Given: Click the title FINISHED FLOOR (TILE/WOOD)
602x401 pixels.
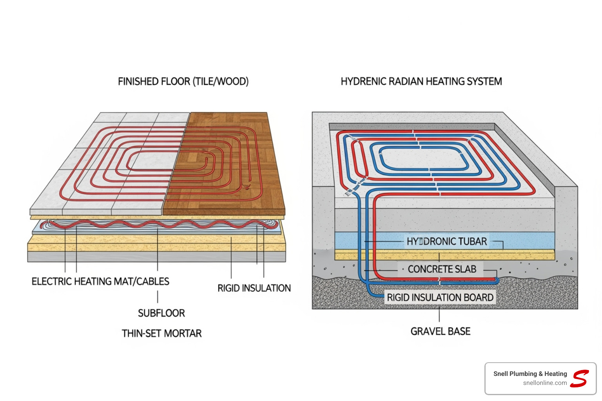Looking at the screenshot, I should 183,81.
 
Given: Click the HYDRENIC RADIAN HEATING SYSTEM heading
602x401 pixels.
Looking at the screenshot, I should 421,81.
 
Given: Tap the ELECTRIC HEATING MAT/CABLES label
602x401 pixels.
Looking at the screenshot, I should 100,282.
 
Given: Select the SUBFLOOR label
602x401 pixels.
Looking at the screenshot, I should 161,313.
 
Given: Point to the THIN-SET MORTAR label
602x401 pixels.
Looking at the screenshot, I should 161,334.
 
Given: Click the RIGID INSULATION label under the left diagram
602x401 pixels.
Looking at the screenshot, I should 254,288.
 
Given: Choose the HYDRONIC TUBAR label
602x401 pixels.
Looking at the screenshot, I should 446,242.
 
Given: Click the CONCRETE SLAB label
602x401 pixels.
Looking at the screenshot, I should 442,269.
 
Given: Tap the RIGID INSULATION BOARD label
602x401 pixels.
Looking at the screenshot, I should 440,298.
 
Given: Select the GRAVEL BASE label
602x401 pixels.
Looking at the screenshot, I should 440,332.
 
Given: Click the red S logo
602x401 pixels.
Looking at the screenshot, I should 580,379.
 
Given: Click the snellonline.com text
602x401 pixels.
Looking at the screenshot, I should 545,383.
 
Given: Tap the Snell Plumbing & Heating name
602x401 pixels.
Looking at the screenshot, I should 530,374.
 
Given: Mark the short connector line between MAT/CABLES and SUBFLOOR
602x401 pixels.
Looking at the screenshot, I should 158,297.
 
